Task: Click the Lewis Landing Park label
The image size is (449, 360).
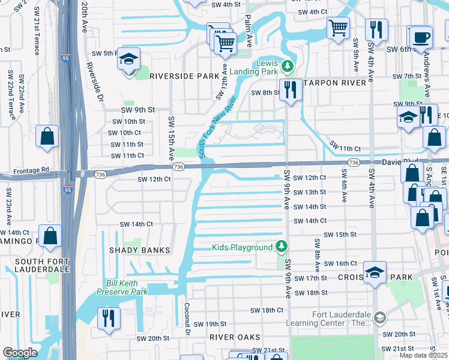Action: (261, 68)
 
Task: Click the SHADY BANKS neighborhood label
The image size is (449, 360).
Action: (139, 250)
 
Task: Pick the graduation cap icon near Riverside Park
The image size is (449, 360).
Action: (128, 59)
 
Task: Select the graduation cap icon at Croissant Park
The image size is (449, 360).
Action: (375, 273)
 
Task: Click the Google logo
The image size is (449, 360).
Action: (19, 353)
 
